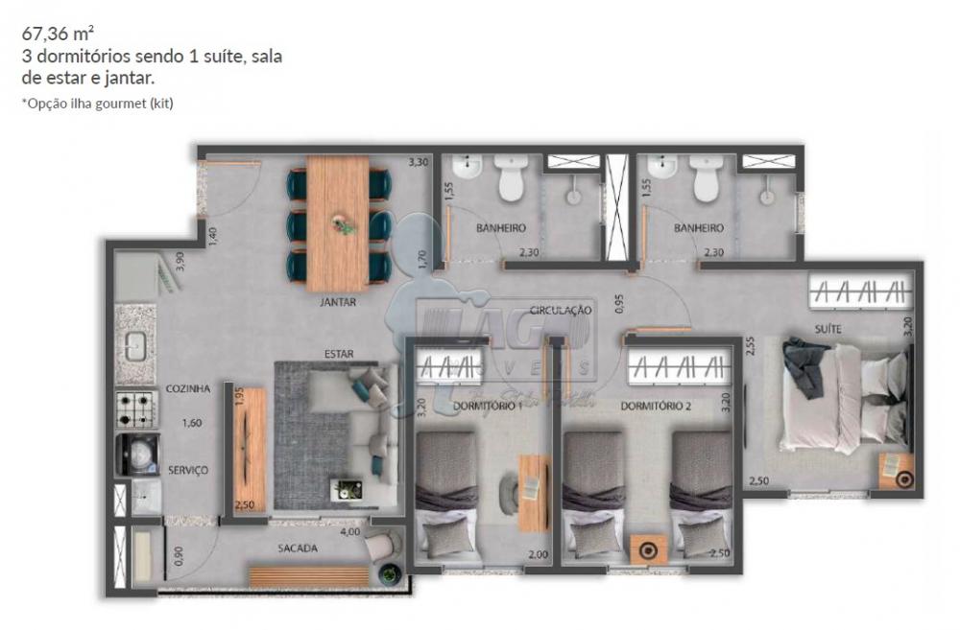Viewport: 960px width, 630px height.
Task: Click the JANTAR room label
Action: [x=338, y=302]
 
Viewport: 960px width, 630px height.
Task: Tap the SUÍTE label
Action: [x=829, y=328]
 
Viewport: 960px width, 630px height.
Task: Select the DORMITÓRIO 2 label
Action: [x=657, y=406]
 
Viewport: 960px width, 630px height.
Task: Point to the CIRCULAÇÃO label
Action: [x=561, y=310]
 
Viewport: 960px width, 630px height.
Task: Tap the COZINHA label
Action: [x=187, y=388]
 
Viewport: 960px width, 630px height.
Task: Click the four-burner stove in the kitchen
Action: [x=136, y=409]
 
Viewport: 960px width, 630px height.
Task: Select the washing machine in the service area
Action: [x=135, y=453]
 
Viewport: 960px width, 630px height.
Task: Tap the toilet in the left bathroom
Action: [x=510, y=179]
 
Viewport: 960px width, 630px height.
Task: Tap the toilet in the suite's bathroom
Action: [x=708, y=179]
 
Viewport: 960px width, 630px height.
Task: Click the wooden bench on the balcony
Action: [x=308, y=575]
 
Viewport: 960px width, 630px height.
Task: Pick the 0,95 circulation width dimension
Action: [x=619, y=303]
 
